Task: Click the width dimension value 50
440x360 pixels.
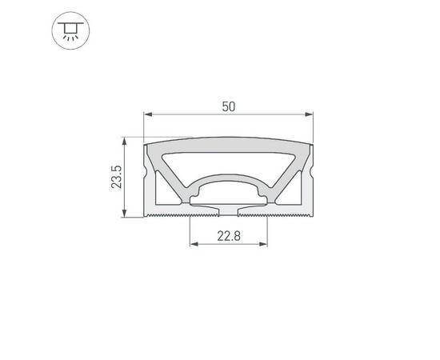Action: point(228,106)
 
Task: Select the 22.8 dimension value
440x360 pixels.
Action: point(228,236)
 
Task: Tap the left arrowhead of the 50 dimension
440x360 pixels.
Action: point(147,116)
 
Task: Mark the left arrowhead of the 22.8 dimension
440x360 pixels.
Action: point(193,246)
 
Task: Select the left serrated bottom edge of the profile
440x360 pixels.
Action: point(168,215)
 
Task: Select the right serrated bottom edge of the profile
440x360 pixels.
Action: point(288,215)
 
